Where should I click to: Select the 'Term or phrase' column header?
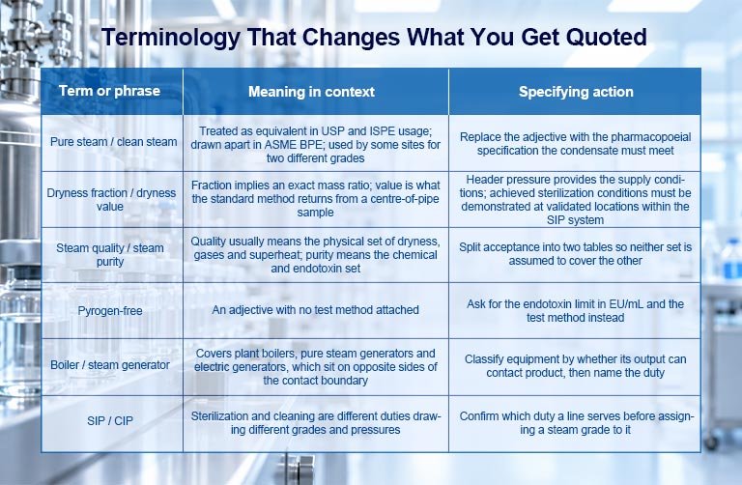tap(109, 91)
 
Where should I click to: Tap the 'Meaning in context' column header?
tap(311, 92)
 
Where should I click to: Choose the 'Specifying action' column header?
tap(576, 92)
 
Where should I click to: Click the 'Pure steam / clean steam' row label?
tap(114, 141)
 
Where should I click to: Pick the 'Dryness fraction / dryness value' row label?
tap(111, 200)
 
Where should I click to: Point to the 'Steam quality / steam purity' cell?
tap(110, 254)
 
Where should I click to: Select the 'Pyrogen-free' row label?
tap(110, 311)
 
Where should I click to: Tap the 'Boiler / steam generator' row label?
tap(110, 365)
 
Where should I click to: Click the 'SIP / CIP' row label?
tap(110, 420)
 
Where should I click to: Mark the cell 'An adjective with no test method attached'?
tap(315, 310)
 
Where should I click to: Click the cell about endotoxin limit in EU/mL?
tap(576, 310)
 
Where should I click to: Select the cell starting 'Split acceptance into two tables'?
tap(576, 254)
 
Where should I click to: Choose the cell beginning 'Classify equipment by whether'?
tap(576, 366)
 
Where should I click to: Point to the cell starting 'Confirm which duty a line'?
tap(576, 423)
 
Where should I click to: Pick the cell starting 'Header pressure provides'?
tap(576, 200)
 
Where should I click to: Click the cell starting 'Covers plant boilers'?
tap(316, 367)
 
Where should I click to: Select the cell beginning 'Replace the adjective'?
tap(576, 144)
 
